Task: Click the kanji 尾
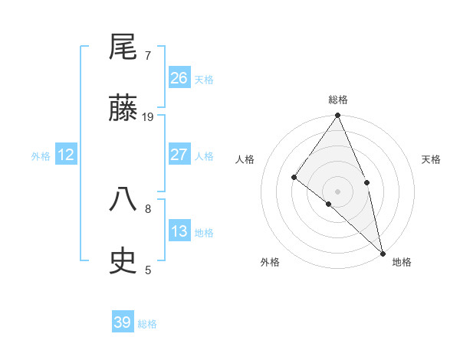pyautogui.click(x=123, y=47)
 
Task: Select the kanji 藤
pyautogui.click(x=123, y=109)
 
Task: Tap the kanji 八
pyautogui.click(x=123, y=200)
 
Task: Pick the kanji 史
pyautogui.click(x=123, y=261)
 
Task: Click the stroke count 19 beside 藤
pyautogui.click(x=148, y=116)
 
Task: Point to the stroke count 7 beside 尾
pyautogui.click(x=148, y=55)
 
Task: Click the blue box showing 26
pyautogui.click(x=179, y=78)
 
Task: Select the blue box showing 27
pyautogui.click(x=179, y=155)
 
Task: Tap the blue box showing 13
pyautogui.click(x=179, y=231)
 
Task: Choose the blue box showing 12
pyautogui.click(x=66, y=155)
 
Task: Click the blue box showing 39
pyautogui.click(x=123, y=322)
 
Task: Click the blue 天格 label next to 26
pyautogui.click(x=204, y=79)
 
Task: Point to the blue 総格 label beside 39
pyautogui.click(x=147, y=323)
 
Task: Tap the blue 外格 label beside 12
pyautogui.click(x=41, y=155)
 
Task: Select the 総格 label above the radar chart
pyautogui.click(x=338, y=100)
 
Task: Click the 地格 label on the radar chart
pyautogui.click(x=402, y=262)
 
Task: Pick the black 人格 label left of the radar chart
pyautogui.click(x=245, y=159)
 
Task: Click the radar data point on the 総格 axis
pyautogui.click(x=338, y=116)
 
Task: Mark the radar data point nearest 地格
pyautogui.click(x=383, y=252)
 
